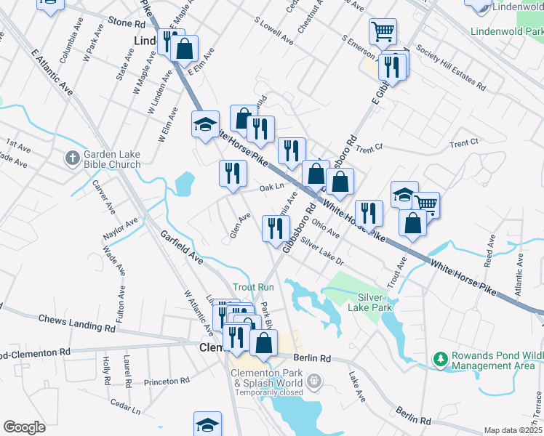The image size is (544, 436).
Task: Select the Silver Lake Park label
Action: pos(375,302)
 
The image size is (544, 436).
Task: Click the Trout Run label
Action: pos(253,287)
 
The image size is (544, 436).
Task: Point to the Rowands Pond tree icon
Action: pos(439,359)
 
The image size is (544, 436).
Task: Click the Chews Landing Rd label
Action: pos(76,324)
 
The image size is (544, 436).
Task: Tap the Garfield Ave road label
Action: pos(182,248)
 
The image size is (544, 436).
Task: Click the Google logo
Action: pos(24,427)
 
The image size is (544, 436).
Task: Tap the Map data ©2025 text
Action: pos(512,430)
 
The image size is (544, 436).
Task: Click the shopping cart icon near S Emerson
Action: pos(383,31)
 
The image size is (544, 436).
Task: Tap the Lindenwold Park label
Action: pos(506,32)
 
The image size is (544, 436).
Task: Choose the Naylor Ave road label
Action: pos(120,230)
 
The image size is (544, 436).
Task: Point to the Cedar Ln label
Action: pos(125,405)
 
